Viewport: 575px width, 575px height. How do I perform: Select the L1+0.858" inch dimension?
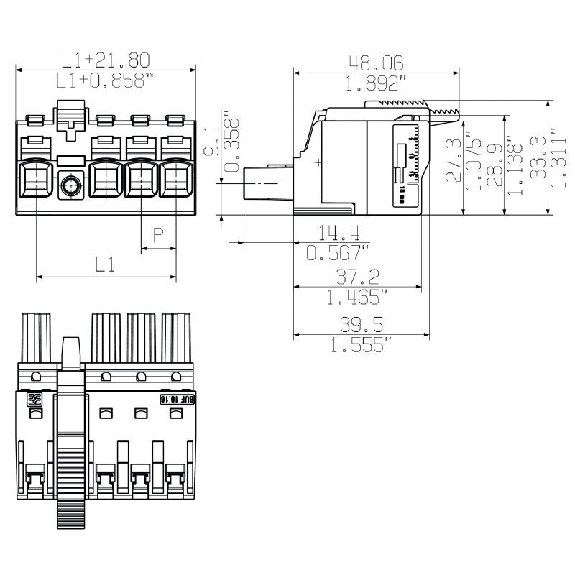click(105, 80)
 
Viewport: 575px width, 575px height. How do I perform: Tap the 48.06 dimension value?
click(375, 63)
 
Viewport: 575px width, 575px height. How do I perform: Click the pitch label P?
click(158, 235)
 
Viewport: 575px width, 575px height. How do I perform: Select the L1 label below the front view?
click(105, 264)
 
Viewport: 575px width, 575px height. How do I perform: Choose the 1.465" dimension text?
click(357, 297)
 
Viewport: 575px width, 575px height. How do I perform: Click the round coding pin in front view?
click(70, 186)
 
